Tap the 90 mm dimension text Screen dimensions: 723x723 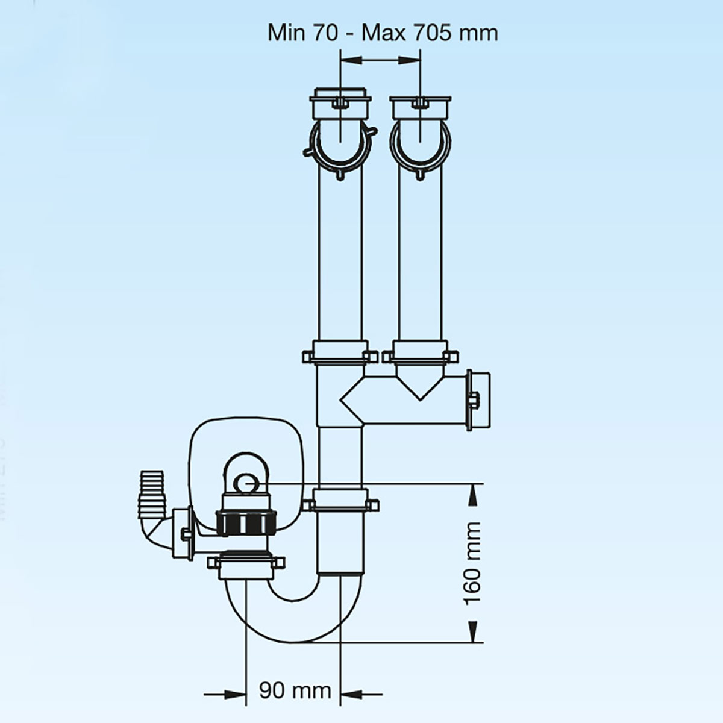[x=295, y=690]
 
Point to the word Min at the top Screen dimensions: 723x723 [x=286, y=33]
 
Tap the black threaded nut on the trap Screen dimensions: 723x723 [x=246, y=522]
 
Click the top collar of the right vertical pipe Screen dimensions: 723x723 [x=419, y=106]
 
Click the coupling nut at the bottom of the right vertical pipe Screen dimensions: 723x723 [x=419, y=353]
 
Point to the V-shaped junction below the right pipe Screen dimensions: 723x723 [x=419, y=386]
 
